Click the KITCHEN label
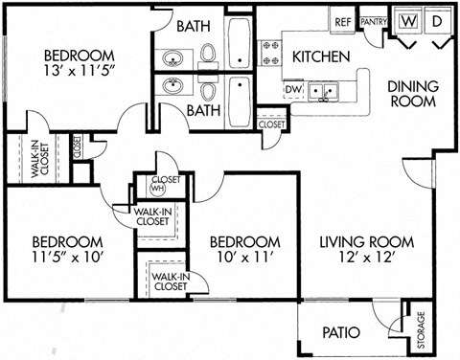[x=320, y=56]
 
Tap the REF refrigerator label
[x=342, y=21]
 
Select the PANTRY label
[x=372, y=21]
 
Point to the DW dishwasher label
[x=294, y=90]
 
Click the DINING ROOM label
[x=412, y=94]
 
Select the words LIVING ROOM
[x=366, y=241]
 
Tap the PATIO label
[x=339, y=333]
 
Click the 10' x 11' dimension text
[x=244, y=259]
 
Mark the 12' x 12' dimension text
[x=366, y=259]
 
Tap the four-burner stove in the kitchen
[x=268, y=52]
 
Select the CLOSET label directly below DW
[x=272, y=124]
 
